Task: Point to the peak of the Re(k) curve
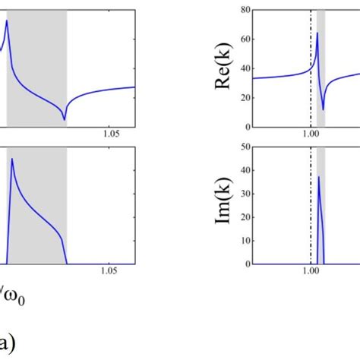click(317, 33)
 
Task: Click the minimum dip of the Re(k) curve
click(323, 109)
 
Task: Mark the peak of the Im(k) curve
click(318, 176)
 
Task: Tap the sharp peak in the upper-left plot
click(7, 20)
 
